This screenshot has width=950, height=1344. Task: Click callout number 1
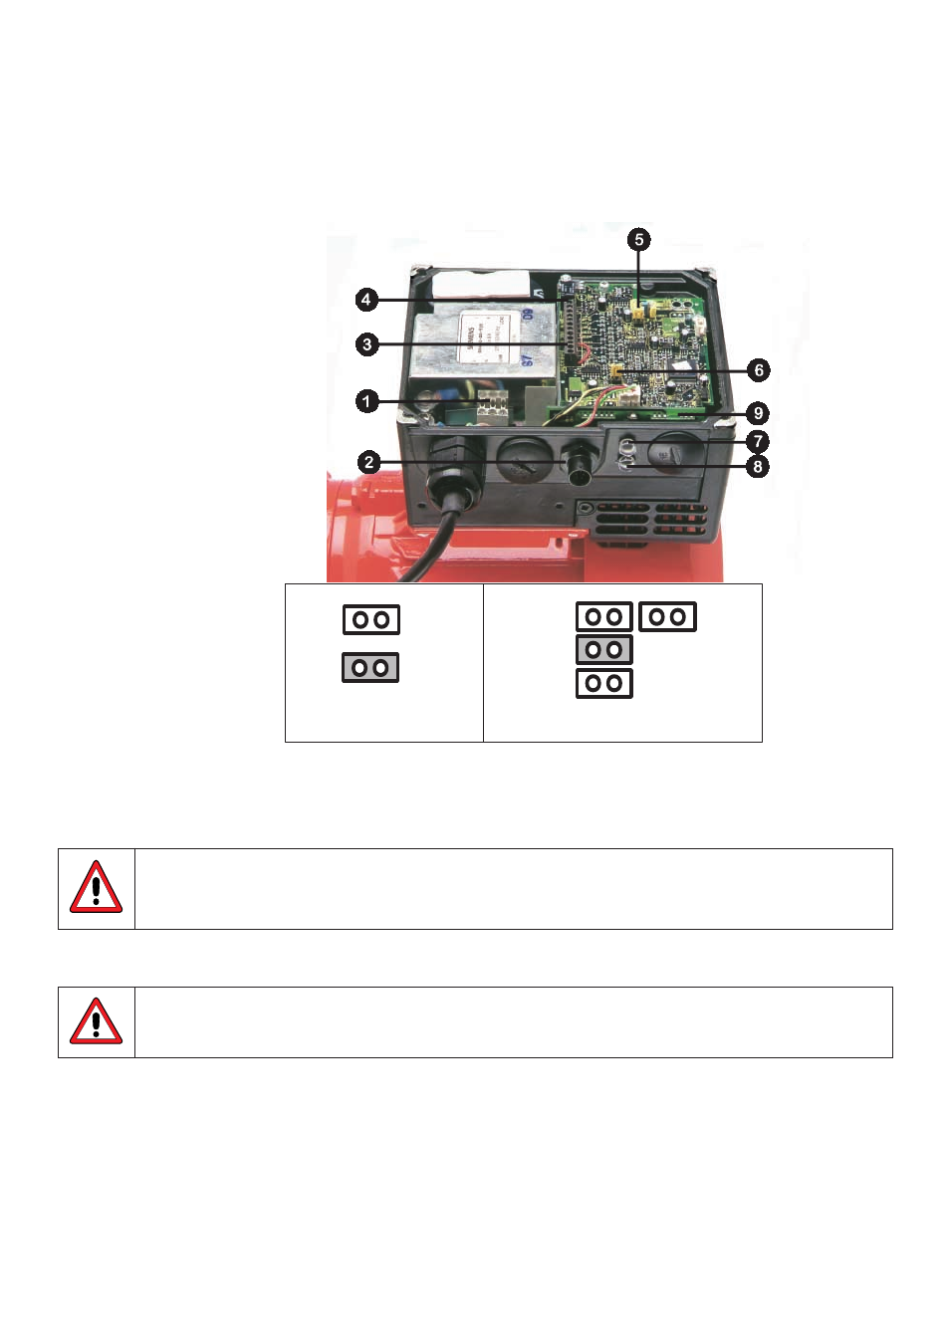pyautogui.click(x=367, y=401)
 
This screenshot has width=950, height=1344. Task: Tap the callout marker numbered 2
pyautogui.click(x=369, y=462)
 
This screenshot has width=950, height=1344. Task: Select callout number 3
pyautogui.click(x=367, y=344)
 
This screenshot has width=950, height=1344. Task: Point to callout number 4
pyautogui.click(x=366, y=300)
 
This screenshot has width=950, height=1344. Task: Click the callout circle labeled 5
pyautogui.click(x=639, y=240)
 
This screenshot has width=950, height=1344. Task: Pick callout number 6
pyautogui.click(x=759, y=370)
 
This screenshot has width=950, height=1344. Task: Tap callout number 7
pyautogui.click(x=758, y=441)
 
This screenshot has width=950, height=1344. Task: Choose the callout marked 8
pyautogui.click(x=758, y=466)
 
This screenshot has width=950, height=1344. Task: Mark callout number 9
pyautogui.click(x=758, y=413)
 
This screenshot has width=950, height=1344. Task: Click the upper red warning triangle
pyautogui.click(x=96, y=888)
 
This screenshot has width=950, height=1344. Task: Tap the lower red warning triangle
pyautogui.click(x=96, y=1021)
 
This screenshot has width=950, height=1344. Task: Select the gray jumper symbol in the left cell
pyautogui.click(x=370, y=667)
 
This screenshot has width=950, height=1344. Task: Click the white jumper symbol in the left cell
pyautogui.click(x=371, y=619)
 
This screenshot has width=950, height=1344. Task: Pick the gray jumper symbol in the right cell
pyautogui.click(x=603, y=650)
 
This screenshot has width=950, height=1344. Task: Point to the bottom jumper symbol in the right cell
pyautogui.click(x=603, y=683)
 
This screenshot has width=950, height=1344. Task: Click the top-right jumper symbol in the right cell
pyautogui.click(x=667, y=617)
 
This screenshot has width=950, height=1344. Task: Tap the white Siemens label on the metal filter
pyautogui.click(x=482, y=337)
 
